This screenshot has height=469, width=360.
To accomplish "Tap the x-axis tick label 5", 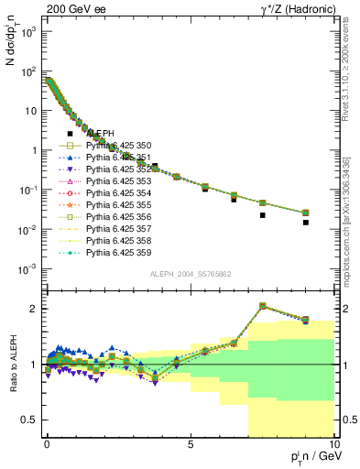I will pyautogui.click(x=190, y=443).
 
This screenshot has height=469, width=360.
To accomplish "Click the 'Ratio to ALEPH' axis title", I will pyautogui.click(x=13, y=365).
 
